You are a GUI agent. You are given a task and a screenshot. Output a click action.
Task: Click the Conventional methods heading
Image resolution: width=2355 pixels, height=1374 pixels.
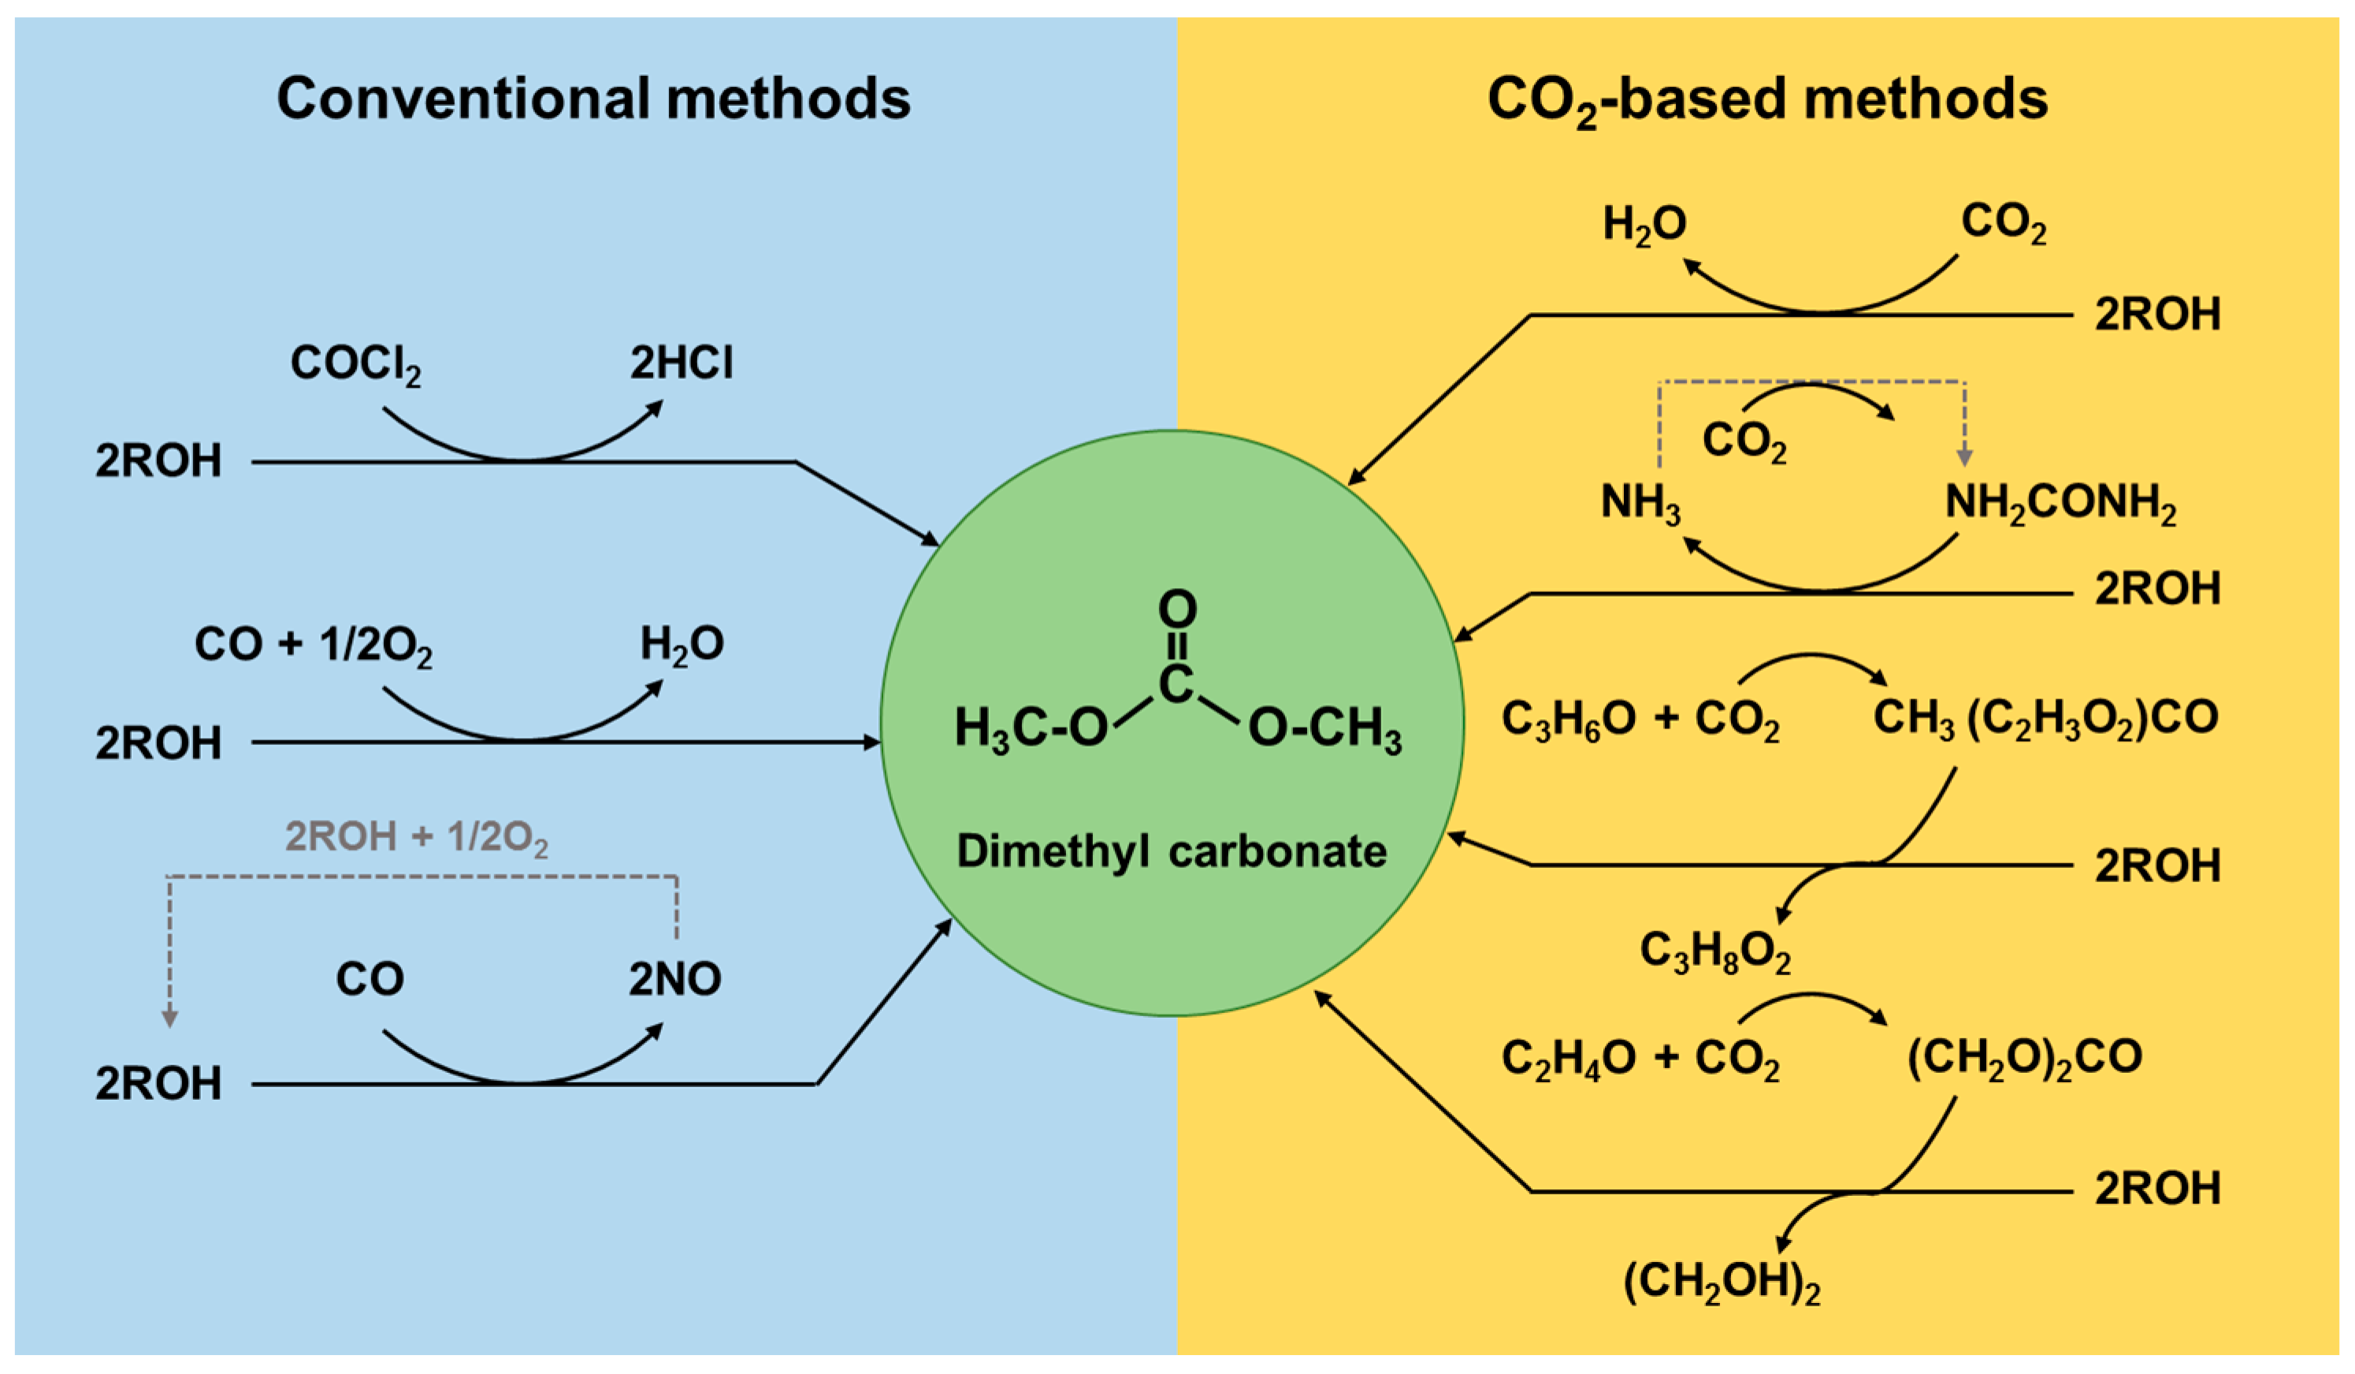(x=593, y=99)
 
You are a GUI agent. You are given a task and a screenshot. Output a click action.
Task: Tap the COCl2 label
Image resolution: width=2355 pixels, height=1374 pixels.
(x=355, y=363)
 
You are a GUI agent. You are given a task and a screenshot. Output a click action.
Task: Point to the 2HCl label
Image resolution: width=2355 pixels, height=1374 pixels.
(x=682, y=363)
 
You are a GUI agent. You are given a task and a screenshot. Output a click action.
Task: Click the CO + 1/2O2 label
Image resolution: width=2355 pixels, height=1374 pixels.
(x=313, y=646)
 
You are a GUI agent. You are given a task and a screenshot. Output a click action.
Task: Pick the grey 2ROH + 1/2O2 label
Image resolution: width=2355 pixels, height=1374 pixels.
(x=416, y=837)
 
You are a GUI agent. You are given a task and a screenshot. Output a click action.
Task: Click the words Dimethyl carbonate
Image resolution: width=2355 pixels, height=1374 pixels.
(x=1171, y=851)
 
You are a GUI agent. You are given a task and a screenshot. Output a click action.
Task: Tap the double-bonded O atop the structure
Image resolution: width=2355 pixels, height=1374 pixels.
(x=1176, y=609)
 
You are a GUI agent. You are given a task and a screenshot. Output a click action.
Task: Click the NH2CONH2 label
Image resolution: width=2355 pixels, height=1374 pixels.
(x=2060, y=504)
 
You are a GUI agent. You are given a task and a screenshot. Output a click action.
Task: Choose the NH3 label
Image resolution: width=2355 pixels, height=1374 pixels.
(x=1640, y=504)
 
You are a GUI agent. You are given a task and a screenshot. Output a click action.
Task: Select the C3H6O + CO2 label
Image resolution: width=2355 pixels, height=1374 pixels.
(x=1640, y=721)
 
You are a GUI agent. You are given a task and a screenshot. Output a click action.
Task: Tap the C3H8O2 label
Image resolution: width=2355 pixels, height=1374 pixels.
(x=1715, y=951)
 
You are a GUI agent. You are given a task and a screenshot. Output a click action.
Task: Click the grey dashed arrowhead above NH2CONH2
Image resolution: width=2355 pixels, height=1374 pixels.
(x=1964, y=457)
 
